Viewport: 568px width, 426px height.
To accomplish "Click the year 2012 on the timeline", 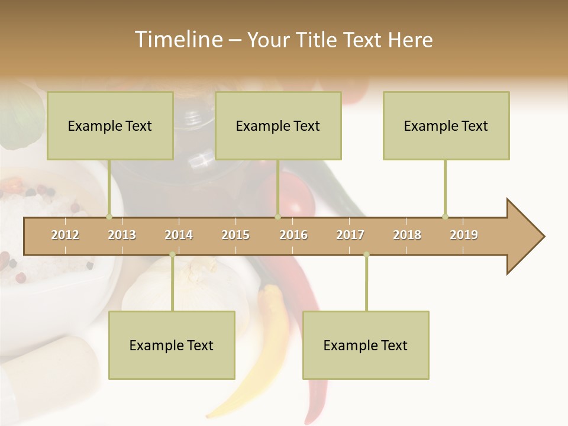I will (x=65, y=235).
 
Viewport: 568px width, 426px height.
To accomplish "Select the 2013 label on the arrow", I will (x=122, y=235).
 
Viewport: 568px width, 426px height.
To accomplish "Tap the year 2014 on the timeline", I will (x=179, y=235).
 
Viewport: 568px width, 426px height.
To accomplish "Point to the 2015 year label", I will (x=235, y=235).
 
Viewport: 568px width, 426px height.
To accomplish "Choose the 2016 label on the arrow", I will (x=293, y=235).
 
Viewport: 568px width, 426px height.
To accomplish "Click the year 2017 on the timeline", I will (x=350, y=235).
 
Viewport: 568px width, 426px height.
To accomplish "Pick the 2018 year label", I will (x=407, y=235).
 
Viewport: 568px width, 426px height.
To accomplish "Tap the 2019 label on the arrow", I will (x=464, y=235).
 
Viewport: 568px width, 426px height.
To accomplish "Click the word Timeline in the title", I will (x=177, y=40).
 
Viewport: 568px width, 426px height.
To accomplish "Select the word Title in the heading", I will (x=317, y=40).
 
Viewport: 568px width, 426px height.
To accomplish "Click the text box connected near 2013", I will (x=110, y=125).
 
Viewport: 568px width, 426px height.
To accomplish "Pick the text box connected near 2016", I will (x=278, y=125).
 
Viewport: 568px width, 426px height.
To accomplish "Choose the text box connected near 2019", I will (x=446, y=125).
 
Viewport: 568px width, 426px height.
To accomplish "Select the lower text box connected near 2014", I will (x=172, y=345).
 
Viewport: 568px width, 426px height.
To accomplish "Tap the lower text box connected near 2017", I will (x=366, y=345).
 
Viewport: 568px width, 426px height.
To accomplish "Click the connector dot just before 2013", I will (x=109, y=216).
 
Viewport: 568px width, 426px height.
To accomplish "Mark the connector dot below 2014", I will (x=172, y=254).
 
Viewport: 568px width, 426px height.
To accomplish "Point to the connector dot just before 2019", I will (x=445, y=216).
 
